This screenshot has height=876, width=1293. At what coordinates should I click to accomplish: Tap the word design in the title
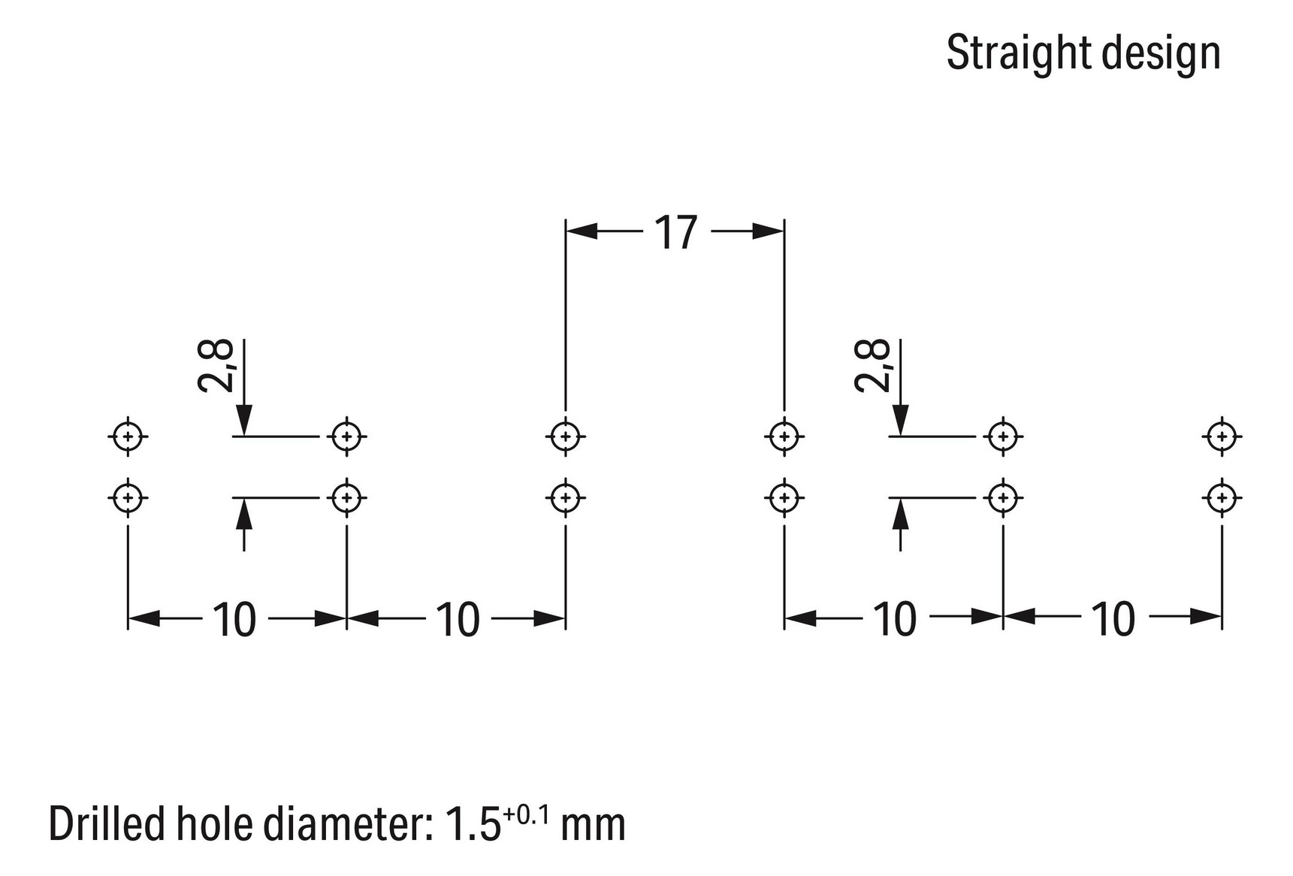pyautogui.click(x=1158, y=53)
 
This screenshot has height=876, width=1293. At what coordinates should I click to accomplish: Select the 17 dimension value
pyautogui.click(x=675, y=232)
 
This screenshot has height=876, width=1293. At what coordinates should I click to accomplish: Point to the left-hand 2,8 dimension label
pyautogui.click(x=216, y=366)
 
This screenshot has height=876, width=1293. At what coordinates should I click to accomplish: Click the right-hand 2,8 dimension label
pyautogui.click(x=873, y=366)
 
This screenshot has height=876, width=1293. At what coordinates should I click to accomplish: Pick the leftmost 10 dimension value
pyautogui.click(x=234, y=620)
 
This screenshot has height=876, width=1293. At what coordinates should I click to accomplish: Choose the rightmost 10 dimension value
pyautogui.click(x=1113, y=619)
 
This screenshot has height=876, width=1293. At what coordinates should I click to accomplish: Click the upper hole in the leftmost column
pyautogui.click(x=128, y=436)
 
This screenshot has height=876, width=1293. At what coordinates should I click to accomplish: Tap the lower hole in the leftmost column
pyautogui.click(x=128, y=497)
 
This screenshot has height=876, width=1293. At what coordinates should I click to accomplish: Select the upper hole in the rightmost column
pyautogui.click(x=1222, y=436)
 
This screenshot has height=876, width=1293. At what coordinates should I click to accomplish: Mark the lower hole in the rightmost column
pyautogui.click(x=1222, y=497)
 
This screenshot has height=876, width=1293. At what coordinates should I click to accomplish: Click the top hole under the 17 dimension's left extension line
pyautogui.click(x=566, y=436)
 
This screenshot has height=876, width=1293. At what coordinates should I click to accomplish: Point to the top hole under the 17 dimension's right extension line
pyautogui.click(x=784, y=436)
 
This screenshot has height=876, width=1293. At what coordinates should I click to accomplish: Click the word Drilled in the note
pyautogui.click(x=107, y=824)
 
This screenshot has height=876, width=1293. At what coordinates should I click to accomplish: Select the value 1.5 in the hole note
pyautogui.click(x=473, y=825)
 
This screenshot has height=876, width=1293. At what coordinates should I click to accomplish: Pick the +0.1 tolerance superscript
pyautogui.click(x=526, y=814)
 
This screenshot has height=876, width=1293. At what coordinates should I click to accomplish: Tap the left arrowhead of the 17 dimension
pyautogui.click(x=582, y=231)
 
